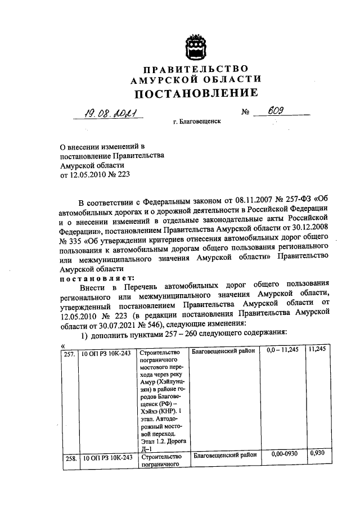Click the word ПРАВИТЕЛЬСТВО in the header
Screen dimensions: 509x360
coord(195,69)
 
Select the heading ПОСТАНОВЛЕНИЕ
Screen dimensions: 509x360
coord(195,92)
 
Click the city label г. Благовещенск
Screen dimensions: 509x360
coord(197,121)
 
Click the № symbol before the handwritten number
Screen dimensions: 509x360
coord(245,112)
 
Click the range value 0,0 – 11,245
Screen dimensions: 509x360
coord(284,351)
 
